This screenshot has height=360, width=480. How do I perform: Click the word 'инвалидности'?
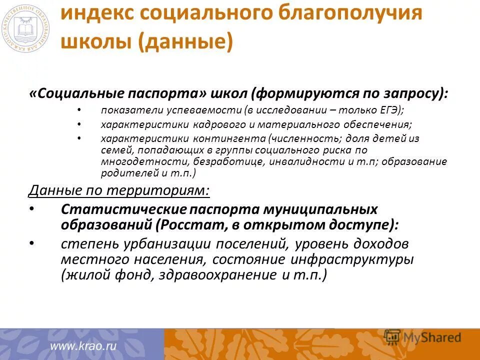pyautogui.click(x=302, y=161)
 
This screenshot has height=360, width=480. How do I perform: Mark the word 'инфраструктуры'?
pyautogui.click(x=363, y=259)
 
